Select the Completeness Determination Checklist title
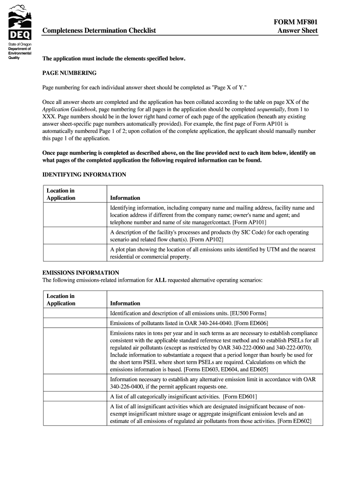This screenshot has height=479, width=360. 99,31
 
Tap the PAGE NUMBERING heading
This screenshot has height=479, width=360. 69,73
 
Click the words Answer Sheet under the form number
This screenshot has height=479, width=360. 297,31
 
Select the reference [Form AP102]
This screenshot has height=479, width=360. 206,239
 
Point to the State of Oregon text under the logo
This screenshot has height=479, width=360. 19,44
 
